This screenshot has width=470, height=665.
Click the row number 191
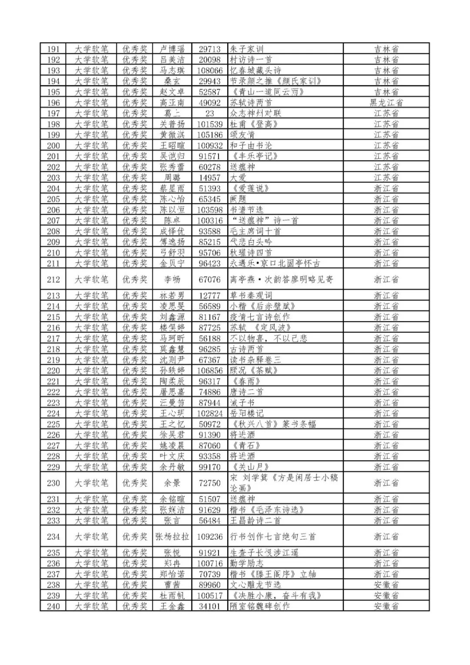[x=53, y=49]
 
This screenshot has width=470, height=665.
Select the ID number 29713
[x=210, y=49]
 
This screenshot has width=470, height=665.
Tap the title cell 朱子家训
[x=247, y=49]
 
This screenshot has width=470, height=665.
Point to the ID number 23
[x=210, y=113]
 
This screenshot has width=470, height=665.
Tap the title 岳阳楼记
[x=247, y=413]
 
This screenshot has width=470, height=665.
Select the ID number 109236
[x=210, y=537]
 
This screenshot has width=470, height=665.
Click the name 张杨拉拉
[x=172, y=537]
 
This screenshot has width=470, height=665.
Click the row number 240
[x=53, y=606]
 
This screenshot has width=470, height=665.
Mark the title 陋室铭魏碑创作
[x=260, y=606]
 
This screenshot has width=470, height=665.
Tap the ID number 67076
[x=210, y=279]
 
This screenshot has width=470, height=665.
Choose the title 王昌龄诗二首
[x=255, y=521]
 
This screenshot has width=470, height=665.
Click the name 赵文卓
[x=172, y=92]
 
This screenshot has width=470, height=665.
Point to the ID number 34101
[x=210, y=606]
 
